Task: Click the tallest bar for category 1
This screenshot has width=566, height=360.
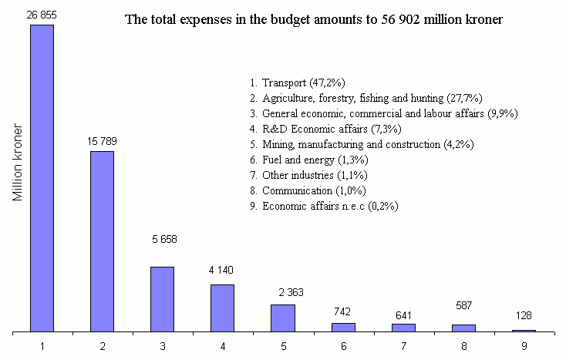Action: (42, 178)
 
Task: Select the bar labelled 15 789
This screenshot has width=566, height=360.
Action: (102, 241)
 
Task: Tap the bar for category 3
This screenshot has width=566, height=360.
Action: (162, 299)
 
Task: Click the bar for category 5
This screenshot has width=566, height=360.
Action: (282, 318)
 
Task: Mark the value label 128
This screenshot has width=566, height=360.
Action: (524, 316)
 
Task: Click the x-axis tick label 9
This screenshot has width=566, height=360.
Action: (524, 346)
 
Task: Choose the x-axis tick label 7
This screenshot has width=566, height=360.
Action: (403, 346)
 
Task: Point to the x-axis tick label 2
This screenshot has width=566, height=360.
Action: (102, 346)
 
